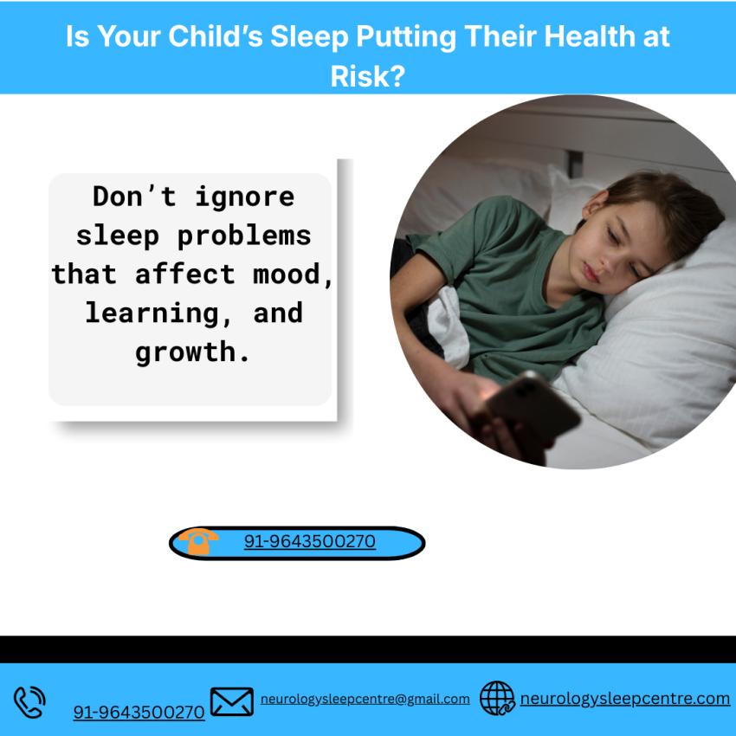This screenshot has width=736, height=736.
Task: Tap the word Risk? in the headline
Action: pos(368,76)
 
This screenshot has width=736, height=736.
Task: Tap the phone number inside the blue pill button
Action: pos(309,542)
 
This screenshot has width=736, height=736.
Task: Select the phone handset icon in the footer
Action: pos(29,700)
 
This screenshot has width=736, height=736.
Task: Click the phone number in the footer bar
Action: pos(139,712)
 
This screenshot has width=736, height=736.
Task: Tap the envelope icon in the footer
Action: pos(232,700)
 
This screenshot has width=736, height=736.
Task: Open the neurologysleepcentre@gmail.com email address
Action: pos(365,699)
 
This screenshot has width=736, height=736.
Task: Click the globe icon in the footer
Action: pos(497,698)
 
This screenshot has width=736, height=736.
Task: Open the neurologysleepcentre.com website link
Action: pos(624,698)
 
